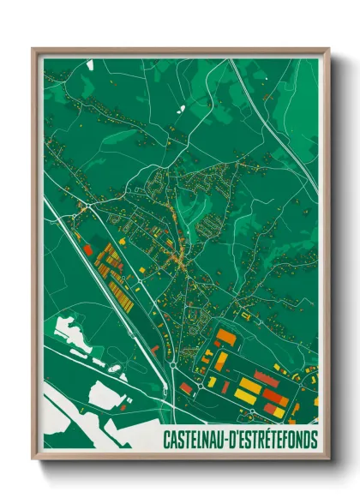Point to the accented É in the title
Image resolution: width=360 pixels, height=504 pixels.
pos(273,439)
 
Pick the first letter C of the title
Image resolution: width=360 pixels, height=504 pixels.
pos(166,440)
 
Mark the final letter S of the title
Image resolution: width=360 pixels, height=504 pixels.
pos(314,440)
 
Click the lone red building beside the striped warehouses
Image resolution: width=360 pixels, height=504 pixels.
pos(87,249)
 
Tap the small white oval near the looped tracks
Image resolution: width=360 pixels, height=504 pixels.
pos(114,367)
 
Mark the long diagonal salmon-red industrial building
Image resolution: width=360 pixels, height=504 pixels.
pos(273,397)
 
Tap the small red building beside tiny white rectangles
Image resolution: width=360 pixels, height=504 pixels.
pos(156,350)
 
